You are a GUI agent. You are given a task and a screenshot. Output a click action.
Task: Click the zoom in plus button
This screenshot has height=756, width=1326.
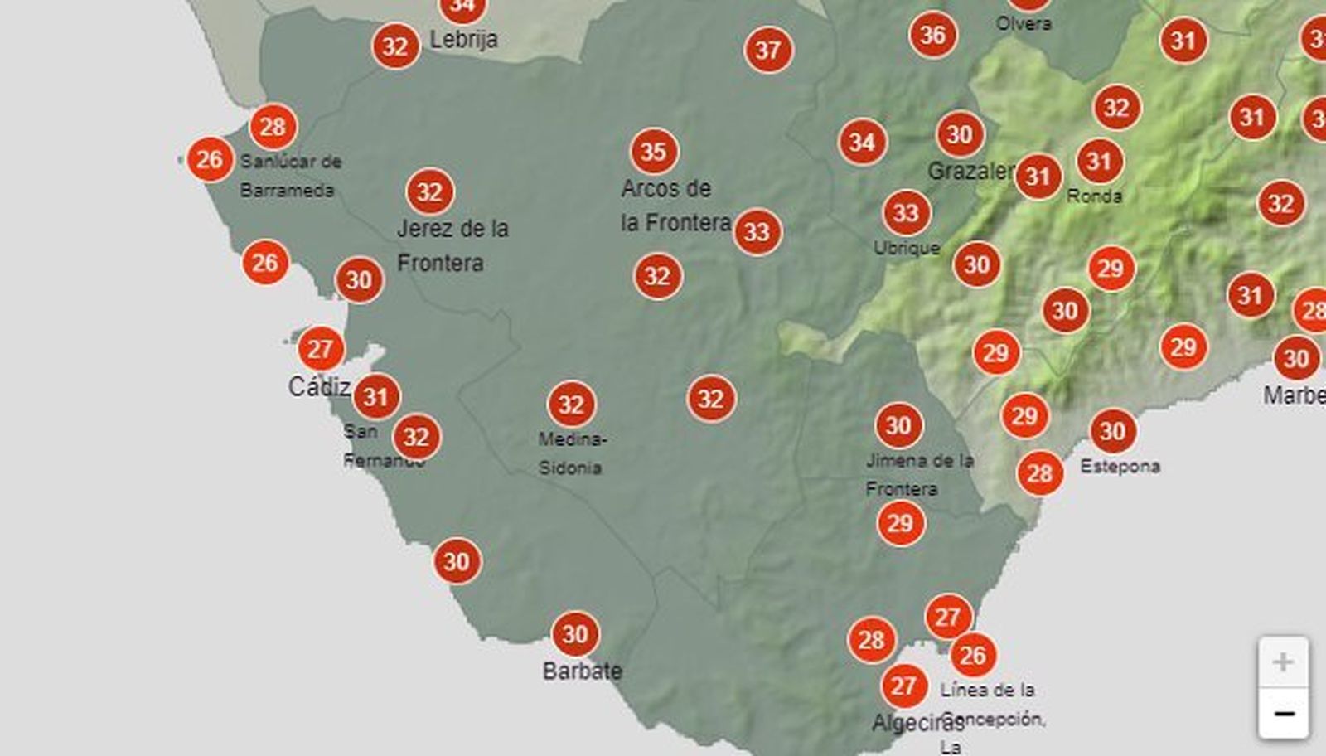(x=1283, y=662)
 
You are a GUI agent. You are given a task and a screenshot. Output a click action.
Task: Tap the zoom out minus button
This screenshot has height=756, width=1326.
(x=1283, y=714)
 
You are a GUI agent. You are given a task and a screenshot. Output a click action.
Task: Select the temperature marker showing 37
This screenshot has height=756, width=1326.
(x=768, y=51)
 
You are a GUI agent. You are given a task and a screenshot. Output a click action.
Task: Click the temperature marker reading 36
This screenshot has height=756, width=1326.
(x=932, y=35)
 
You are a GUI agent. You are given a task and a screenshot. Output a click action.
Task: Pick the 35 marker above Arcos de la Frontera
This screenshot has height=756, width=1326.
(x=654, y=152)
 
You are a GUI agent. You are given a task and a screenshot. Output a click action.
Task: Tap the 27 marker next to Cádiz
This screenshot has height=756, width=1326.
(x=321, y=349)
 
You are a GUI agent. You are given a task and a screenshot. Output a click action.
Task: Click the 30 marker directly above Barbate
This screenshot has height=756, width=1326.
(x=575, y=635)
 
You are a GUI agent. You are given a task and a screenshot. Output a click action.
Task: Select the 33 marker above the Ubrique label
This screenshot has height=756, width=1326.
(x=906, y=213)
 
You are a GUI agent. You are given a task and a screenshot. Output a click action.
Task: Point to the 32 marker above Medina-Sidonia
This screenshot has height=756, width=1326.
(x=571, y=405)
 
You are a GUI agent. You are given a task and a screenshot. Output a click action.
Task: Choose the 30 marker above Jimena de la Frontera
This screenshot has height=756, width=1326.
(x=898, y=426)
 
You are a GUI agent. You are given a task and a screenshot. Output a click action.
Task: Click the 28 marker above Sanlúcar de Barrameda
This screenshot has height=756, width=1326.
(x=273, y=127)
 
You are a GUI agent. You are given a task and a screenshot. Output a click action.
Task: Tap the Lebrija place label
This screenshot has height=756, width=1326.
(x=463, y=39)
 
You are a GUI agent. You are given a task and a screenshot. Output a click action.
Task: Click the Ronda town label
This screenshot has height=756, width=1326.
(x=1094, y=196)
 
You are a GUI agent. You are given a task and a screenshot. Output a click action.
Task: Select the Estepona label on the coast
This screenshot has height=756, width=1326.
(x=1120, y=467)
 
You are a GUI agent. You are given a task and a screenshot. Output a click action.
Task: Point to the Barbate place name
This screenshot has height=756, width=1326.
(x=582, y=671)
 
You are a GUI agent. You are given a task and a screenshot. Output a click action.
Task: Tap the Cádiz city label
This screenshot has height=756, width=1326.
(x=319, y=386)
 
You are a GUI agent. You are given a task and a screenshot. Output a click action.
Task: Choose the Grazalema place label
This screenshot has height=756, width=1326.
(x=970, y=172)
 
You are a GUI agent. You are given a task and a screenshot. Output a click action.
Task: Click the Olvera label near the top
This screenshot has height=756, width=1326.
(x=1024, y=23)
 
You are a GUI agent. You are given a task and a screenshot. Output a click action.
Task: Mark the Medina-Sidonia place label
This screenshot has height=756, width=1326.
(x=572, y=453)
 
